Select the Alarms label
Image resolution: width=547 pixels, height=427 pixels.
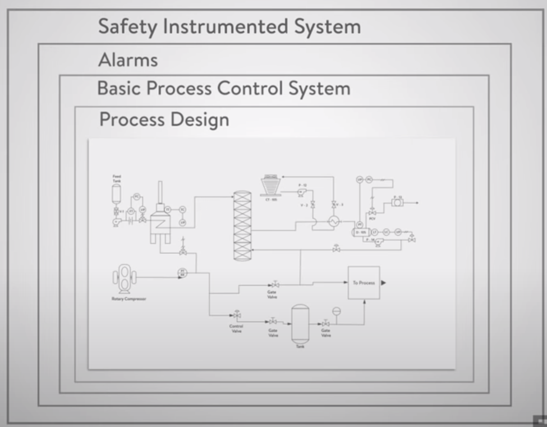[x=128, y=59]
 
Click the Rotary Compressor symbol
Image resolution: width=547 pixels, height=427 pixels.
[x=125, y=278]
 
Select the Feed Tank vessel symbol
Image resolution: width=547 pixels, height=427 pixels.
[x=117, y=194]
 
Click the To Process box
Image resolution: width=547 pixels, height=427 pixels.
[x=364, y=283]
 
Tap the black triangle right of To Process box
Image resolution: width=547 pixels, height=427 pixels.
[x=384, y=283]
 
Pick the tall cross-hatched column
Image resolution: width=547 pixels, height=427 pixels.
[x=242, y=226]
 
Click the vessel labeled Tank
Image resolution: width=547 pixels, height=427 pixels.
[x=300, y=324]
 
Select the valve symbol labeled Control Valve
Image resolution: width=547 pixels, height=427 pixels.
[x=237, y=315]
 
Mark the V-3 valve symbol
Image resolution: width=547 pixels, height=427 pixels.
[x=333, y=204]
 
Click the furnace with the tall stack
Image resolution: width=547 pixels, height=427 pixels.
[x=160, y=221]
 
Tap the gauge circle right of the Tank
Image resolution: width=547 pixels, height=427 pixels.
[x=337, y=311]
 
